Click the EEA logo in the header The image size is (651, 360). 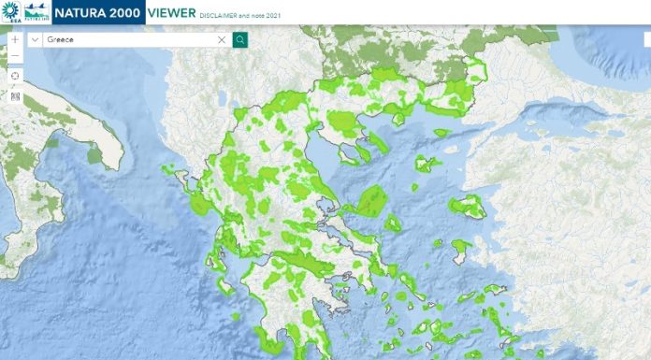(11, 11)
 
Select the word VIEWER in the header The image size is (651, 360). (171, 12)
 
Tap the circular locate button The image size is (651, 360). (15, 76)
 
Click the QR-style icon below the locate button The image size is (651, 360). (15, 95)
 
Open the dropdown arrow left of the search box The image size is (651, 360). (35, 40)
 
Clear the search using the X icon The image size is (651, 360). (222, 40)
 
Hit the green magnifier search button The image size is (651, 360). (239, 40)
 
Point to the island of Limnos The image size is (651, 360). (428, 165)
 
